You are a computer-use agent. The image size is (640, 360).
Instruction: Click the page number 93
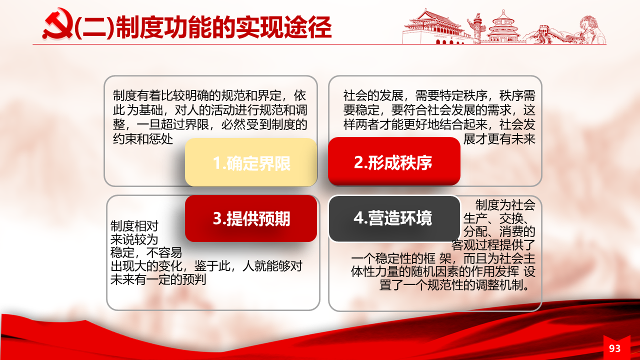click(x=614, y=348)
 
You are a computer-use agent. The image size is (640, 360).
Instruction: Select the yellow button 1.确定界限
click(x=251, y=162)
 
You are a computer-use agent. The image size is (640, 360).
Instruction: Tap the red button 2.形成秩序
click(x=394, y=161)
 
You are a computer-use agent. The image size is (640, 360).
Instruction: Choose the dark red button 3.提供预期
click(x=251, y=218)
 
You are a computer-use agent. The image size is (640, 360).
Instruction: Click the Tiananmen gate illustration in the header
click(x=433, y=27)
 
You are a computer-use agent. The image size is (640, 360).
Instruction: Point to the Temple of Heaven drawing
click(x=503, y=27)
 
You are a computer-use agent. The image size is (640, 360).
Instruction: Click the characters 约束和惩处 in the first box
click(x=143, y=139)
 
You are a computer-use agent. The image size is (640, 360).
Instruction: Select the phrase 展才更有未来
click(x=499, y=139)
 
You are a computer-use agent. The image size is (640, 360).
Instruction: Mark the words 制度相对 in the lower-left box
click(x=134, y=226)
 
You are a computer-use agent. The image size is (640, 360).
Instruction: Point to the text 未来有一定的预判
click(x=158, y=279)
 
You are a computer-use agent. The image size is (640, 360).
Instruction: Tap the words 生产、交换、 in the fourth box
click(x=499, y=218)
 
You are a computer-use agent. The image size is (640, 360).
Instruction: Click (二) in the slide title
click(x=95, y=27)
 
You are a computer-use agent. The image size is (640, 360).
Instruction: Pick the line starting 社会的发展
click(x=439, y=95)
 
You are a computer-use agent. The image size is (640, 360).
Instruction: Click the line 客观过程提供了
click(x=493, y=245)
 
